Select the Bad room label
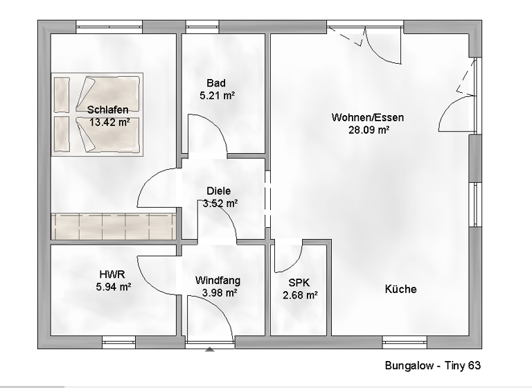tap(215, 84)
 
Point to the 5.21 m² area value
tap(216, 96)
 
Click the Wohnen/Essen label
tap(367, 117)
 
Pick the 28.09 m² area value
tap(368, 130)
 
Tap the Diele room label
tap(219, 191)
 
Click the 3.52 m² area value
tap(220, 203)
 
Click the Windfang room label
tap(218, 281)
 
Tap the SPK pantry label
tap(299, 282)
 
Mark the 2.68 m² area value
tap(300, 294)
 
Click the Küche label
tap(400, 289)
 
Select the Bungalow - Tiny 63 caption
tap(432, 365)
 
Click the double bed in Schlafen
tap(97, 114)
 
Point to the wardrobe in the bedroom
tap(113, 226)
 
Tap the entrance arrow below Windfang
tap(210, 350)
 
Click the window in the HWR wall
tap(118, 342)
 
